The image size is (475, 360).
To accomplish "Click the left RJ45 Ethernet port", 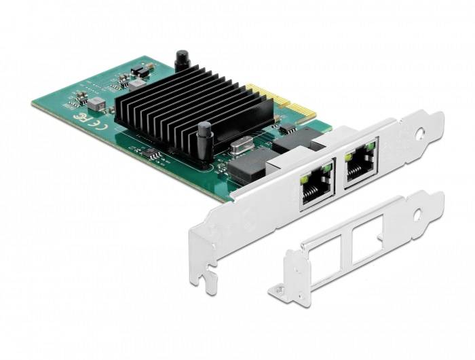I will tap(315, 185).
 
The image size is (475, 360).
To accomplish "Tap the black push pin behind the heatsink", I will tap(181, 60).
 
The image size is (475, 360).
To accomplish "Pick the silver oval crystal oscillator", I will tap(241, 145).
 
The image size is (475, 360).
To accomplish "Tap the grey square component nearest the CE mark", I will tap(98, 103).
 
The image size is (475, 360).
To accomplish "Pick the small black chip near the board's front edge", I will tap(155, 156).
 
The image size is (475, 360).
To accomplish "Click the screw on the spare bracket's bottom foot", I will tap(278, 291).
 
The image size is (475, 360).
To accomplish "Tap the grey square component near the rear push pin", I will tap(138, 83).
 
